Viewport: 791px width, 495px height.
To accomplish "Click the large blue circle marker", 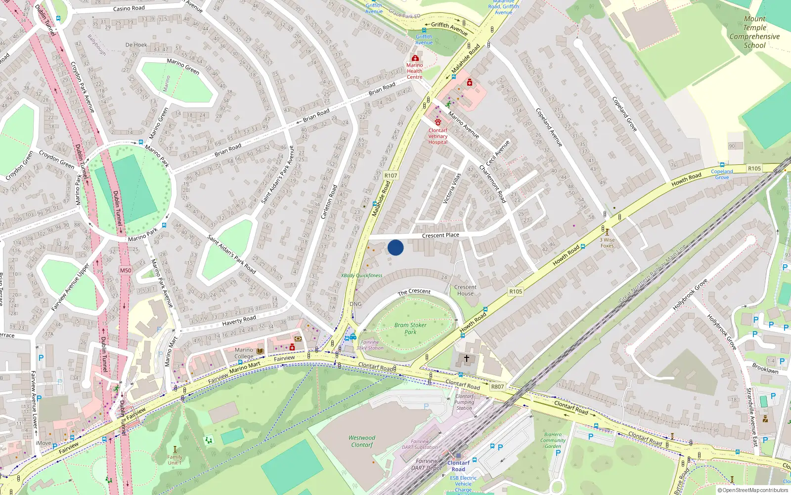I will point(395,247).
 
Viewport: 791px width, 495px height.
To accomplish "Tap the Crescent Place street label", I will point(440,235).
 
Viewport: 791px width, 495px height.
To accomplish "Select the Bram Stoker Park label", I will point(410,329).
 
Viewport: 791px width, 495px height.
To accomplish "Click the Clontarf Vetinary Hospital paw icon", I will point(438,122).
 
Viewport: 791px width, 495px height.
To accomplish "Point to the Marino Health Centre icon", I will point(415,58).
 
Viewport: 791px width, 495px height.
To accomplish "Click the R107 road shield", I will point(391,175).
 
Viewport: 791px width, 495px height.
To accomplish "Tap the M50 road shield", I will point(126,270).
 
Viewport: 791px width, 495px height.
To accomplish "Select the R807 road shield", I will point(497,387).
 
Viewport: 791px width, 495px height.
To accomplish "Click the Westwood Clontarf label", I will point(362,441).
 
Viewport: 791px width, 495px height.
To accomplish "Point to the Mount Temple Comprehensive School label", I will point(754,32).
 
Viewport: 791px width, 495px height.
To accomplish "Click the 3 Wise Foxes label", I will point(607,243).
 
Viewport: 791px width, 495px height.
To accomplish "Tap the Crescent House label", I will point(465,290).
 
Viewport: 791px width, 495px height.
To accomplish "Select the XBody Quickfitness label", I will point(362,276).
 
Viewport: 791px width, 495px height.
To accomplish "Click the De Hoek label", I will point(136,45).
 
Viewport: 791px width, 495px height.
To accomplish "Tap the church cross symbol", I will point(466,357).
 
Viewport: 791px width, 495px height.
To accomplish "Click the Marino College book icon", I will point(261,351).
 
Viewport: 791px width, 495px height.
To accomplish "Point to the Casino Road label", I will point(129,8).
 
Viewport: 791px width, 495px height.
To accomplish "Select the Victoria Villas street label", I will point(452,188).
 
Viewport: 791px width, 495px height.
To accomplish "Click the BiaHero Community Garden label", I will point(553,440).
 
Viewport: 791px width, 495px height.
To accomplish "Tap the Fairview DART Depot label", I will point(426,464).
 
